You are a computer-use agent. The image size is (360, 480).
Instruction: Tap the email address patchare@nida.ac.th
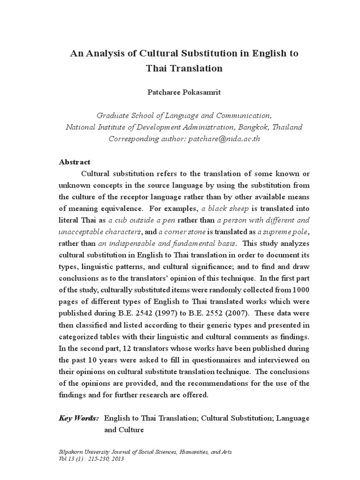[225, 138]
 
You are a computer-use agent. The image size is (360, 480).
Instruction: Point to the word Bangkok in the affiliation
[258, 127]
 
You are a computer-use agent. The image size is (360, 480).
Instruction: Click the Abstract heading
[75, 162]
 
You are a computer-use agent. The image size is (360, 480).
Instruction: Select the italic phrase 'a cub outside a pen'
[140, 220]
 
